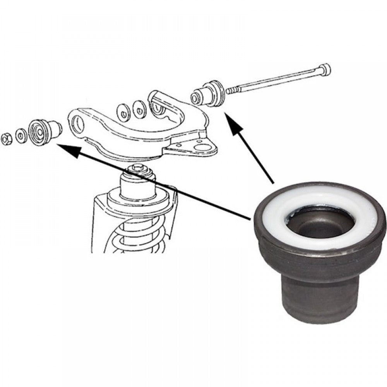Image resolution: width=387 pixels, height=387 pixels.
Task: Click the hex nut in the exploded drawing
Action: pyautogui.click(x=7, y=139)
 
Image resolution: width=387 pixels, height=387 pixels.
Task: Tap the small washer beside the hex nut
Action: pyautogui.click(x=21, y=136)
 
